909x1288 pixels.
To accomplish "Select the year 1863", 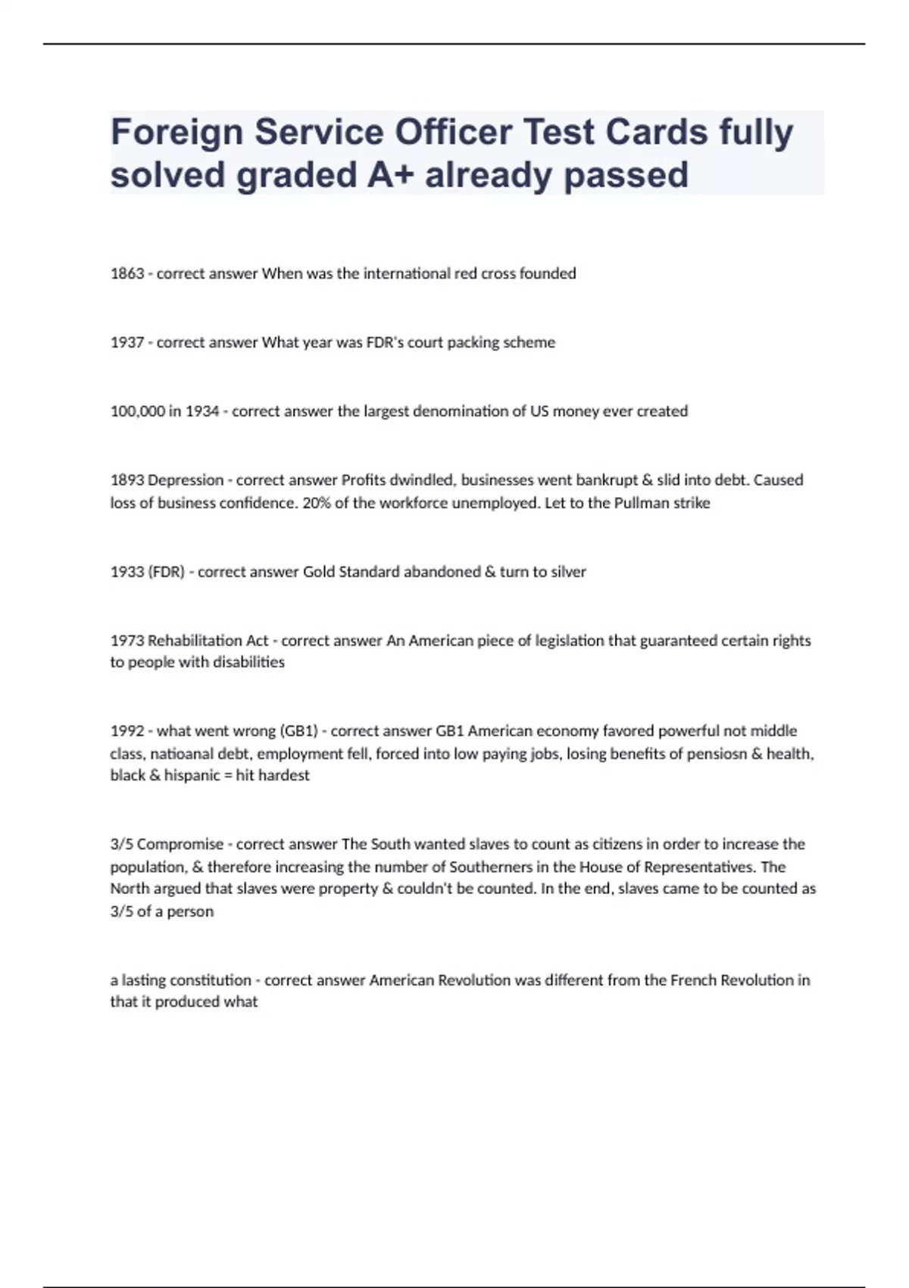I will (127, 274).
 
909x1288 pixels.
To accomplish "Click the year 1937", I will (127, 342).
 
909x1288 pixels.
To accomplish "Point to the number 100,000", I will (137, 411).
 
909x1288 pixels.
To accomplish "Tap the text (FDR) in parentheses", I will (166, 572).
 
